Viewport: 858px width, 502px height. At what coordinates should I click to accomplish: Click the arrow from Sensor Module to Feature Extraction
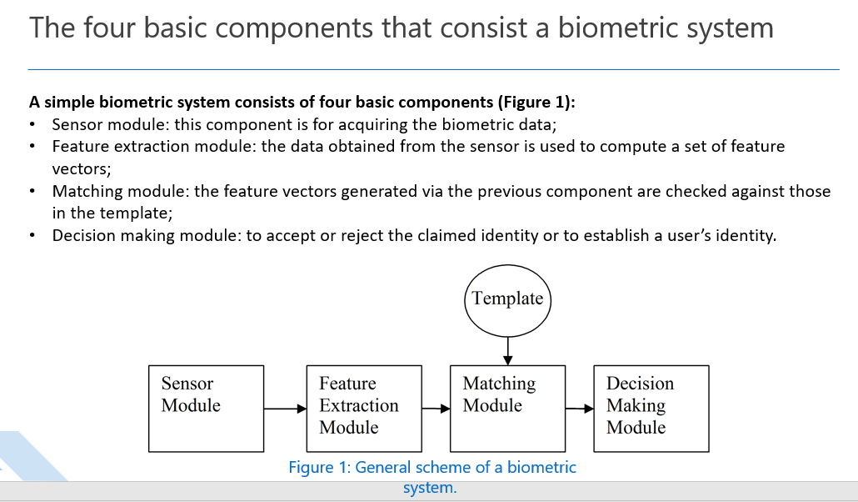click(285, 409)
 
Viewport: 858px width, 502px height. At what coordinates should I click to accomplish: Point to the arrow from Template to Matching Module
click(508, 351)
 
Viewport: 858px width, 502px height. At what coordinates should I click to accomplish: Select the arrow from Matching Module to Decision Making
click(580, 409)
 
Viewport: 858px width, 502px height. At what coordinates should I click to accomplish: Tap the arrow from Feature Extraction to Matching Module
click(436, 409)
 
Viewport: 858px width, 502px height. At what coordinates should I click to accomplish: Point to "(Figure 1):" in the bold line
click(536, 103)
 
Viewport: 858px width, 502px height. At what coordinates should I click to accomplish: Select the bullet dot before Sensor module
click(32, 125)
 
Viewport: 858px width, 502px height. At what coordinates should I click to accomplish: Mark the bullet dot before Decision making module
click(32, 236)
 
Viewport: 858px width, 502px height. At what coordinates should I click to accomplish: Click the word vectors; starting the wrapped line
click(82, 168)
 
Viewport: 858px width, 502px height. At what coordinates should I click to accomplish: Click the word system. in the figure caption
click(430, 488)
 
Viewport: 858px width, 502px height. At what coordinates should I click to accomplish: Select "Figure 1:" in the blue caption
click(320, 468)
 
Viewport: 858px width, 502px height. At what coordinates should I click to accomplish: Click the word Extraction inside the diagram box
click(359, 405)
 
